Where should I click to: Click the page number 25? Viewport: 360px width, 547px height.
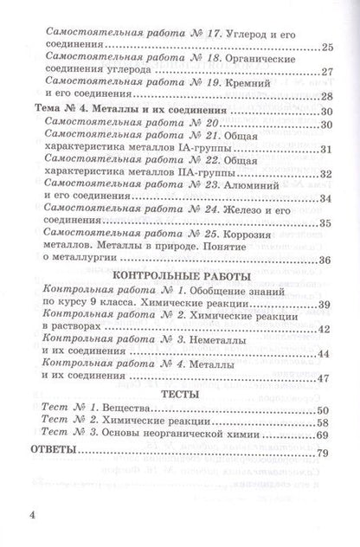click(x=325, y=47)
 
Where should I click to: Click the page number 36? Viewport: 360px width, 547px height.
click(x=325, y=261)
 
